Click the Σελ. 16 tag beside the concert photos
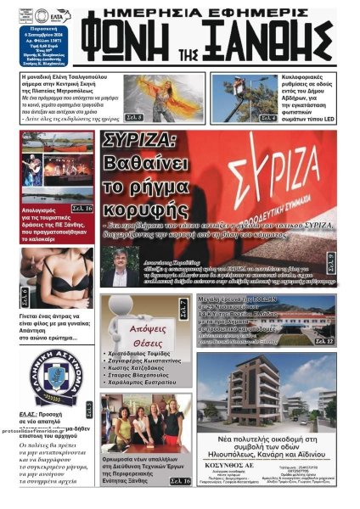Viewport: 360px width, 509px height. (82, 208)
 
